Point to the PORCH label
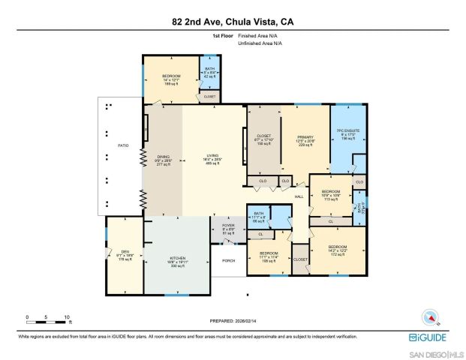[x=229, y=260]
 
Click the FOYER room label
[x=228, y=226]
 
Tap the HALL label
[x=299, y=196]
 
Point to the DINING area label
[x=164, y=159]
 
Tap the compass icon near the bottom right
[x=430, y=316]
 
